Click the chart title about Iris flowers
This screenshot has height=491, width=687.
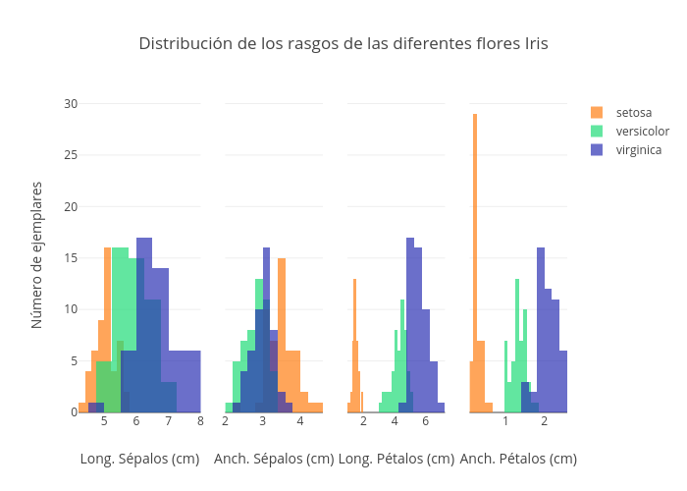343,44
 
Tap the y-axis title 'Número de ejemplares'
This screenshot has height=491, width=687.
37,254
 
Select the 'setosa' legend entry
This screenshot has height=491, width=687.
634,113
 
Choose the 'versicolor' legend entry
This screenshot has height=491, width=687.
642,132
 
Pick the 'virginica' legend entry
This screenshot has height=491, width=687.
638,150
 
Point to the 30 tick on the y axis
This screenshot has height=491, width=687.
71,103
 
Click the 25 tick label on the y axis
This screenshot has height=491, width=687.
71,155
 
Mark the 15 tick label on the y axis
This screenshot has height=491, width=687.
71,258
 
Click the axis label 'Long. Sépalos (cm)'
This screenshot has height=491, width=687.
139,459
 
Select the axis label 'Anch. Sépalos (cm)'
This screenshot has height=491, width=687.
274,459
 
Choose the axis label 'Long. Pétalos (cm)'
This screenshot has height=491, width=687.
396,459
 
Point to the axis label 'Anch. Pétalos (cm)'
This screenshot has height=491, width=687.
518,459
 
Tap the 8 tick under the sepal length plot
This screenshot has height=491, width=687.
200,422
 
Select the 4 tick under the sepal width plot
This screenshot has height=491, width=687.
300,422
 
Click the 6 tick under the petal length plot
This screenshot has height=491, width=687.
426,422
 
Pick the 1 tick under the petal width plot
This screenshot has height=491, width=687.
506,422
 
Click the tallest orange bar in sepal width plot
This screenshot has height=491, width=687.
282,334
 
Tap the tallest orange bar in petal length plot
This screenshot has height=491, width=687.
355,344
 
